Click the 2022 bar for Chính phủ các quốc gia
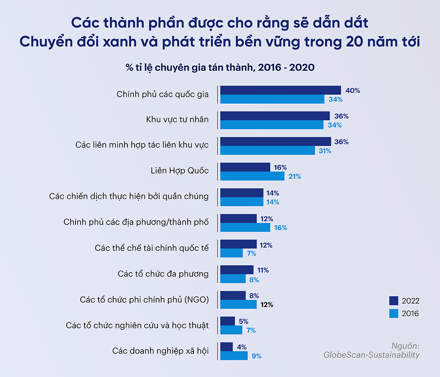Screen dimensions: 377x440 click(x=280, y=90)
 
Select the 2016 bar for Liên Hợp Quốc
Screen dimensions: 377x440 click(x=252, y=176)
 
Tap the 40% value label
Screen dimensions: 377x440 click(x=352, y=91)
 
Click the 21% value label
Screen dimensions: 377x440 click(x=295, y=176)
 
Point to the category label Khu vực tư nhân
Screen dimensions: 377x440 click(x=177, y=120)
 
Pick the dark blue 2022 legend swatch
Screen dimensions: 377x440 click(x=394, y=301)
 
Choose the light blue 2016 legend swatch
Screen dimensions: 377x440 click(x=394, y=313)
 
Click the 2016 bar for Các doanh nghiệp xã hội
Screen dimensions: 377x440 click(x=234, y=356)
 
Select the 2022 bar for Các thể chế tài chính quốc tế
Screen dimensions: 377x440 click(x=238, y=244)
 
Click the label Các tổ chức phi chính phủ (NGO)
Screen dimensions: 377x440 click(x=144, y=299)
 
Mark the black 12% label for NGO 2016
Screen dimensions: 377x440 click(x=267, y=304)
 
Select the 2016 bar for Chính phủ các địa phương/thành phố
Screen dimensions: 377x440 click(x=245, y=228)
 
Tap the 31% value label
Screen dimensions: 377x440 click(x=325, y=151)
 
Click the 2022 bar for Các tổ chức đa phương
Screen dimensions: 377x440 click(x=237, y=270)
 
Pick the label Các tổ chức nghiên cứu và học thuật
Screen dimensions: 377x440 click(x=137, y=325)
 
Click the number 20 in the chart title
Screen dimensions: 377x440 click(x=353, y=43)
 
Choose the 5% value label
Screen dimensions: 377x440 click(x=243, y=321)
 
